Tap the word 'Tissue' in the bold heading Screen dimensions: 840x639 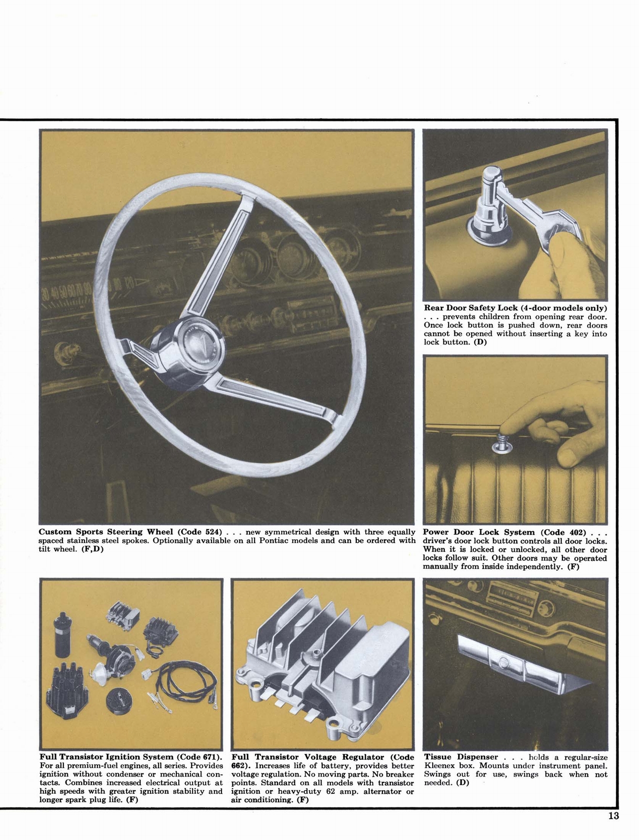[438, 757]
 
